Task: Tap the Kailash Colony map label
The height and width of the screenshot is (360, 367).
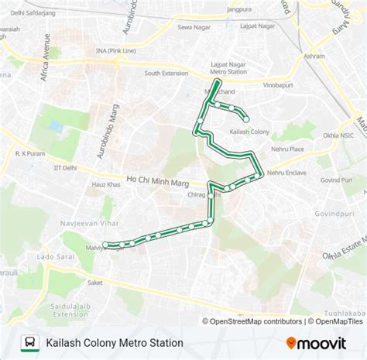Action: (250, 132)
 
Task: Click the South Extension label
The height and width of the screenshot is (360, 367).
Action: (167, 73)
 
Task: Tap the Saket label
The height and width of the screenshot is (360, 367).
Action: (94, 283)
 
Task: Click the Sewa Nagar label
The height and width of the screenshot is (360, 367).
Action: (194, 26)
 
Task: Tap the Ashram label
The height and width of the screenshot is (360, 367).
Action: (315, 57)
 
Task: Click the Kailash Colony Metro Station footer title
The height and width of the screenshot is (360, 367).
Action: (115, 342)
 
